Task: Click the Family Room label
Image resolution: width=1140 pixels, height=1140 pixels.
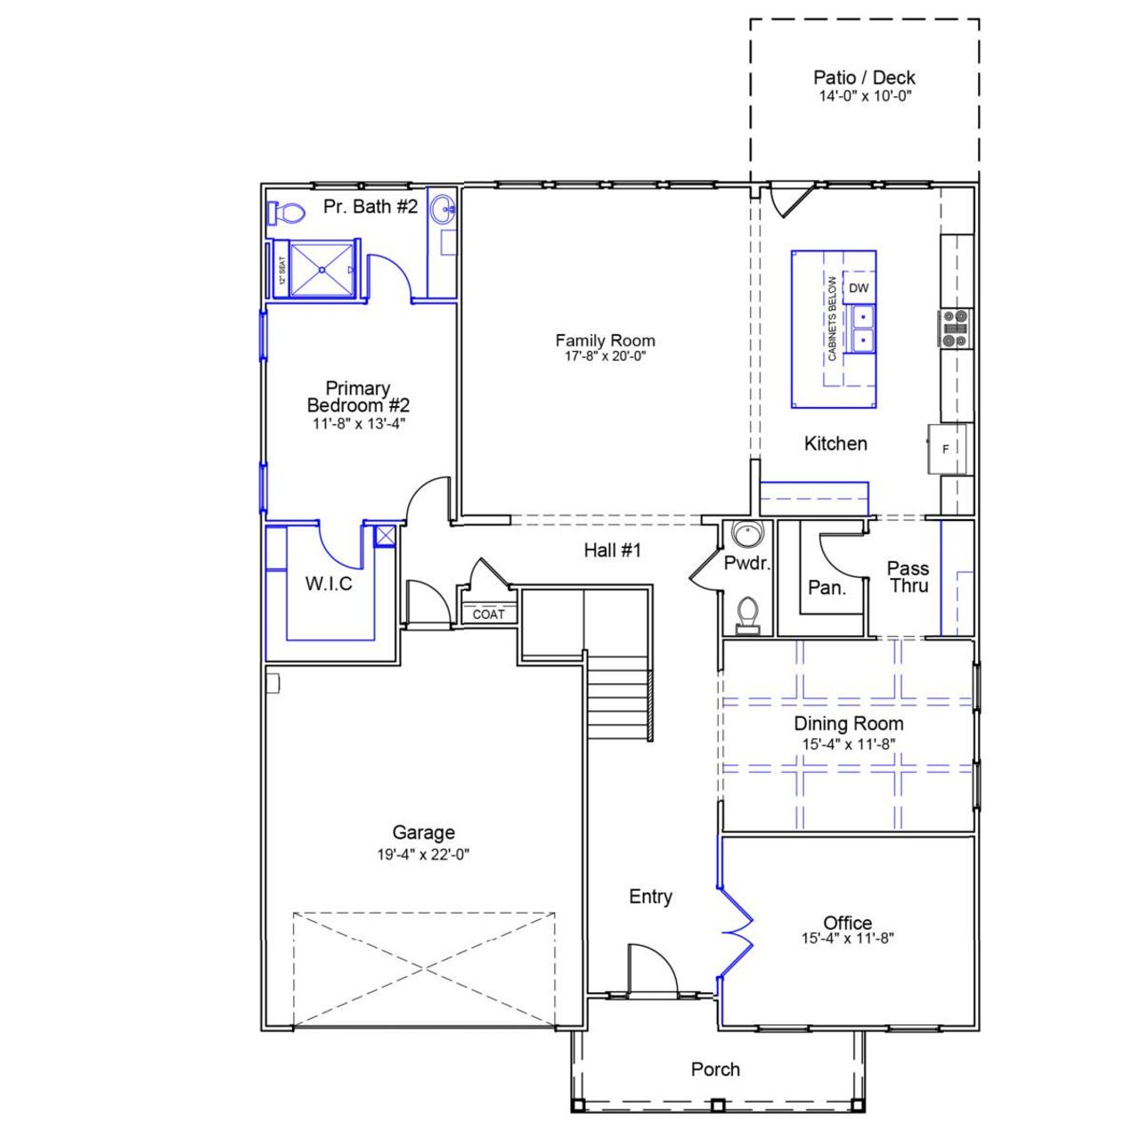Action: tap(605, 340)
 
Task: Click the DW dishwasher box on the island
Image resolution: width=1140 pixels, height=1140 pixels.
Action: tap(859, 288)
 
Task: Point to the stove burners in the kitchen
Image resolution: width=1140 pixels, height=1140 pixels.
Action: tap(955, 328)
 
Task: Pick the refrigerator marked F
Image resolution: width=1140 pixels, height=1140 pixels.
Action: tap(947, 449)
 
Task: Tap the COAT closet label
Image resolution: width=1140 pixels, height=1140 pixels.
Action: tap(488, 615)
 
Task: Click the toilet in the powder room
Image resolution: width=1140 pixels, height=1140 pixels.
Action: tap(748, 614)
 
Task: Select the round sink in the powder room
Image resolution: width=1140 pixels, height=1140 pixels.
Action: tap(745, 535)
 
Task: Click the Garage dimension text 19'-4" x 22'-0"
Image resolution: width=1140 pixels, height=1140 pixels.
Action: tap(423, 854)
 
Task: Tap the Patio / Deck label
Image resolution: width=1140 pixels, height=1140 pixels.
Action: tap(864, 78)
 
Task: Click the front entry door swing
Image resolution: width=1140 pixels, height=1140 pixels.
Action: tap(650, 969)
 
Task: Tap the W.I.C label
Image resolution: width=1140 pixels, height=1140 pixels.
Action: tap(329, 584)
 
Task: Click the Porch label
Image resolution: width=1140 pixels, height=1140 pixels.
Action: tap(715, 1070)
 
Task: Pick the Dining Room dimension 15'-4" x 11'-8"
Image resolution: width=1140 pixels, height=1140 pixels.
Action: tap(848, 745)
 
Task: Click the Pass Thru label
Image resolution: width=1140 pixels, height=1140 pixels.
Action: tap(908, 577)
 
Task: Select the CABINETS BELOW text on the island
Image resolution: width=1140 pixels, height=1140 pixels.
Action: tap(832, 319)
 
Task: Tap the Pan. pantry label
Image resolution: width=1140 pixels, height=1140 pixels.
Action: tap(826, 588)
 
